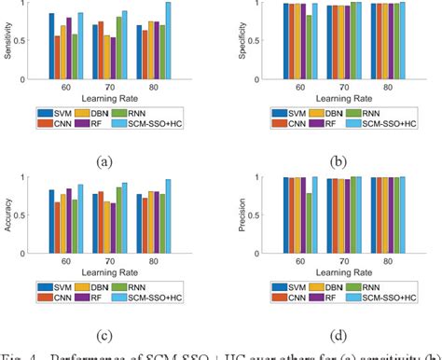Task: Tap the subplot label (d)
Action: click(x=329, y=335)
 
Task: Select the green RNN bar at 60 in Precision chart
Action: click(x=309, y=224)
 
